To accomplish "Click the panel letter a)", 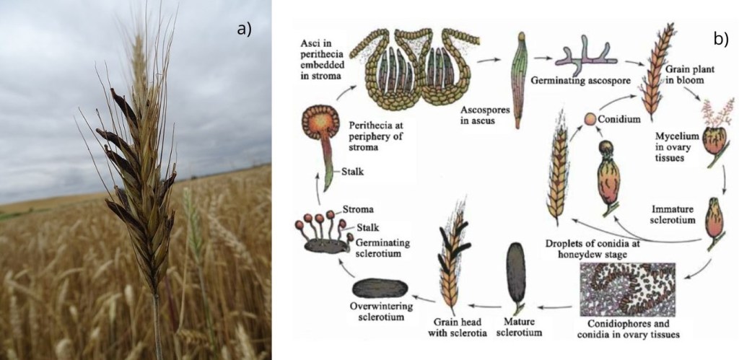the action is click(x=245, y=29).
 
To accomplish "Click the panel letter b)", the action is click(x=721, y=39).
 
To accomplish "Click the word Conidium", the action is click(x=619, y=120).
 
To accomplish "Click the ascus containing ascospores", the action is click(x=519, y=80).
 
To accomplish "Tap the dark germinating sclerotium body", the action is click(x=324, y=245).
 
